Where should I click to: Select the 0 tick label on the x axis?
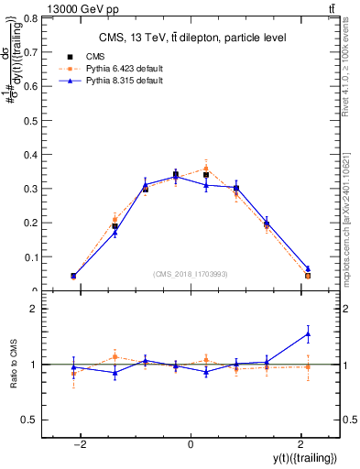coord(191,442)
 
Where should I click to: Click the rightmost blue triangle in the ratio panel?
coord(308,333)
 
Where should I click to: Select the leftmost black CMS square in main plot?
coord(73,276)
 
